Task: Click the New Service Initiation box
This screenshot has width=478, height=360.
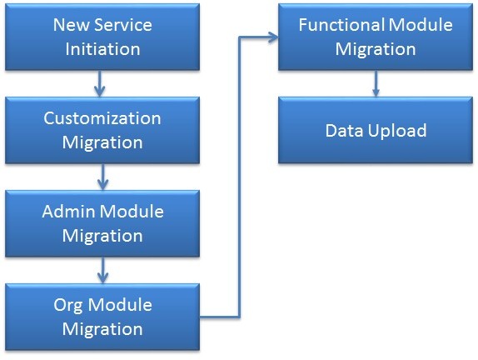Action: pos(102,37)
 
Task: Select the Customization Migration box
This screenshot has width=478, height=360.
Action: pos(102,130)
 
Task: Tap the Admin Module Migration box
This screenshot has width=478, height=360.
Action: pos(102,223)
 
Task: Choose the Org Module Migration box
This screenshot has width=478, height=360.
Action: pos(102,317)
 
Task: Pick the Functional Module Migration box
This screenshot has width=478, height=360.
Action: pos(376,37)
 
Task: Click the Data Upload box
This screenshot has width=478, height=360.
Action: pos(376,130)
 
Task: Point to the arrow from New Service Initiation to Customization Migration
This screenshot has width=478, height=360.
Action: pos(100,83)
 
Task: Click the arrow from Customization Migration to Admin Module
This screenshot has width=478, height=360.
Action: pos(102,177)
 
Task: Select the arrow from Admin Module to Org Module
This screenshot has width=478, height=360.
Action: pos(102,270)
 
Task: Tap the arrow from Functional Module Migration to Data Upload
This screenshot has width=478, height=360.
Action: pos(376,83)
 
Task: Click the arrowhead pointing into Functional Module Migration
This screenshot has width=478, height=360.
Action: pos(273,37)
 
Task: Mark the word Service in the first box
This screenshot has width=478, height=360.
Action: pos(123,25)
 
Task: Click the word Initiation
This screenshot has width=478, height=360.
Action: pos(102,49)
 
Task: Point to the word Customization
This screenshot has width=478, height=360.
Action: pos(102,118)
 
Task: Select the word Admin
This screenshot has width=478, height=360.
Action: pos(68,212)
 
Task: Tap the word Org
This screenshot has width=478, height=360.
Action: pos(68,306)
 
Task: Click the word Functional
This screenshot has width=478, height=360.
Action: pos(341,25)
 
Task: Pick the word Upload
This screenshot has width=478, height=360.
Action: pos(397,131)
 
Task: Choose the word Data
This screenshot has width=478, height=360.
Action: pos(344,131)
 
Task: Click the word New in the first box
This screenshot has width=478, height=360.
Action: pos(72,25)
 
